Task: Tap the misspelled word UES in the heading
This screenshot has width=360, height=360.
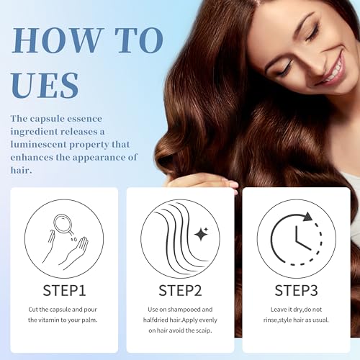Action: pos(45,85)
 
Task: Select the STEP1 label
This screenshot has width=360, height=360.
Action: pos(64,290)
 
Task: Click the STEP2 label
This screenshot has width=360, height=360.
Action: pos(180,290)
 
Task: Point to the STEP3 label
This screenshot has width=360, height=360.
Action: pos(296,290)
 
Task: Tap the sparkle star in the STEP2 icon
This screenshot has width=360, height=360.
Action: pos(201,234)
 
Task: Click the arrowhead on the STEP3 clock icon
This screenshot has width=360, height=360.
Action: pos(308,217)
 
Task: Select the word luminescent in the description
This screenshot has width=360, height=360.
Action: pos(38,145)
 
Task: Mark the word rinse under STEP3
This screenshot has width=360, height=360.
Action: pos(270,320)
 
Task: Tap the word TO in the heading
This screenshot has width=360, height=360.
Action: pos(139,40)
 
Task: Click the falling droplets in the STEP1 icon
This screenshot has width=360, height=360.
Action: pos(74,239)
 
